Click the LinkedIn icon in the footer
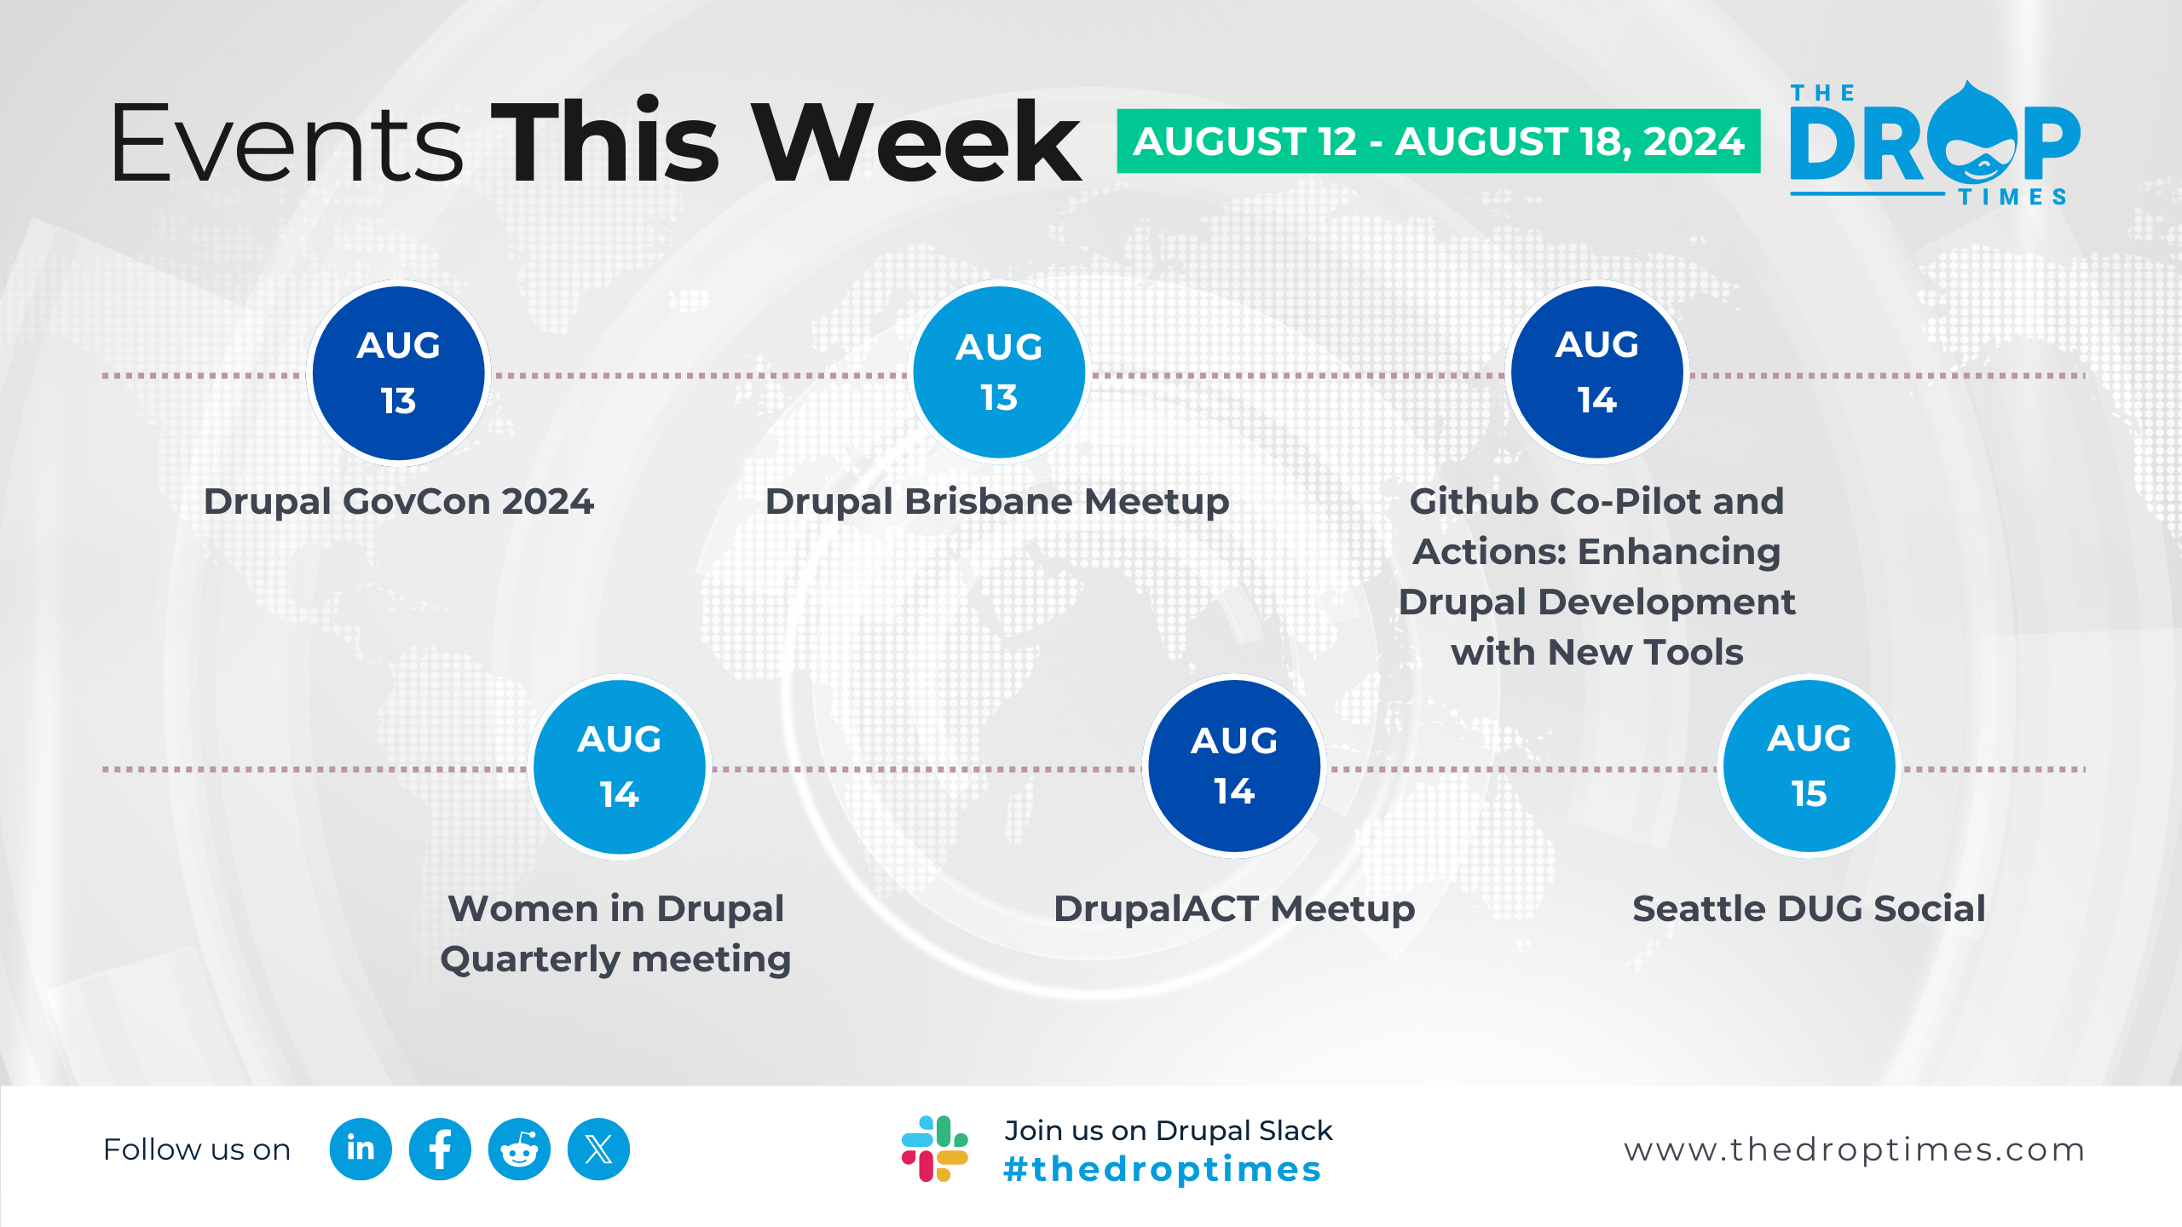click(x=361, y=1149)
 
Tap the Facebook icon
click(x=440, y=1149)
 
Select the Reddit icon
click(x=519, y=1149)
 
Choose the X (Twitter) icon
click(x=598, y=1149)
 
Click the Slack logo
click(x=934, y=1149)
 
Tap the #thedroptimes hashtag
click(x=1163, y=1169)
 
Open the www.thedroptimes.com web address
click(x=1855, y=1149)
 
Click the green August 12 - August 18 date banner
click(x=1439, y=141)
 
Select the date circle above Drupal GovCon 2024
click(x=398, y=373)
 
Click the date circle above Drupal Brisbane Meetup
click(x=999, y=373)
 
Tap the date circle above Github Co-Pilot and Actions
click(x=1597, y=373)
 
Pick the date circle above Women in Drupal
click(x=620, y=767)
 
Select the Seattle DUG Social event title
click(x=1809, y=908)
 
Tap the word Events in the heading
click(x=287, y=141)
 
